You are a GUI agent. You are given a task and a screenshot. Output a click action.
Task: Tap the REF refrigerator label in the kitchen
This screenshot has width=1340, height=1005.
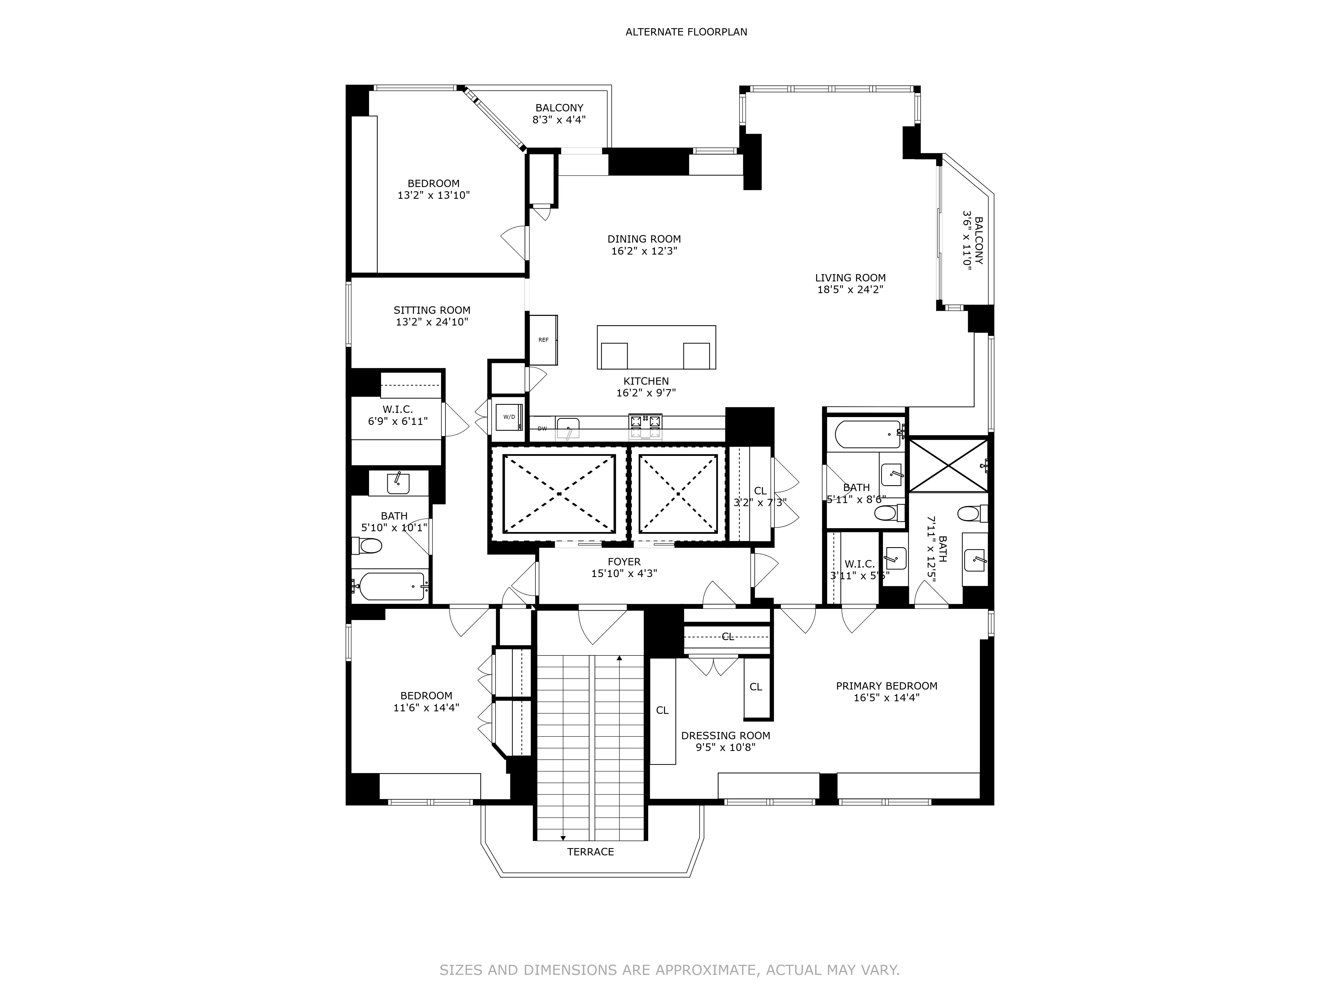pyautogui.click(x=543, y=340)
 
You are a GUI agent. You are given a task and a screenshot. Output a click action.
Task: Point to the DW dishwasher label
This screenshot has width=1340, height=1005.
pyautogui.click(x=542, y=429)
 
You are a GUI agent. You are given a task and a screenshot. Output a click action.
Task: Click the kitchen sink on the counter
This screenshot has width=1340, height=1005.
pyautogui.click(x=568, y=428)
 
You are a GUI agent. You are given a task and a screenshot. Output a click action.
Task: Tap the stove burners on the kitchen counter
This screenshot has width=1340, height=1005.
pyautogui.click(x=645, y=427)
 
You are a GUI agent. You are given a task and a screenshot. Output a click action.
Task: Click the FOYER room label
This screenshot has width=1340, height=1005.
pyautogui.click(x=624, y=562)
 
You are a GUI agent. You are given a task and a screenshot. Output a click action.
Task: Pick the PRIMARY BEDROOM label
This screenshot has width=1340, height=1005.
pyautogui.click(x=886, y=686)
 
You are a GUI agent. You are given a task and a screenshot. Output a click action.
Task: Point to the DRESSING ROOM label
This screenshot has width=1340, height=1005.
pyautogui.click(x=725, y=735)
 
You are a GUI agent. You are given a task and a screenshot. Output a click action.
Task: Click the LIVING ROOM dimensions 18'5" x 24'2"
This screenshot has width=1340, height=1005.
pyautogui.click(x=850, y=289)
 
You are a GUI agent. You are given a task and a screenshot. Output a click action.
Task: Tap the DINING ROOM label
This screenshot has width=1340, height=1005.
pyautogui.click(x=644, y=239)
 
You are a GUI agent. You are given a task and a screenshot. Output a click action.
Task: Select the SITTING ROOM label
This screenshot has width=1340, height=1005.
pyautogui.click(x=432, y=310)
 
